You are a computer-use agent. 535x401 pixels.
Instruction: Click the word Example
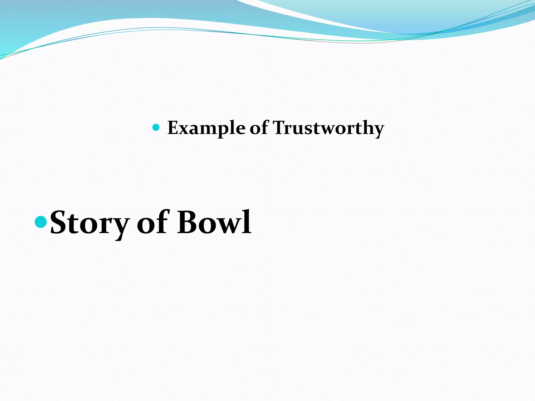point(206,128)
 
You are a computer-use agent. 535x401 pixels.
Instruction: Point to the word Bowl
point(214,222)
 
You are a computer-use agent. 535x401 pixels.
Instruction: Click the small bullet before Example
point(156,127)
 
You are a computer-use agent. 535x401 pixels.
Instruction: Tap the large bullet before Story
point(41,222)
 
